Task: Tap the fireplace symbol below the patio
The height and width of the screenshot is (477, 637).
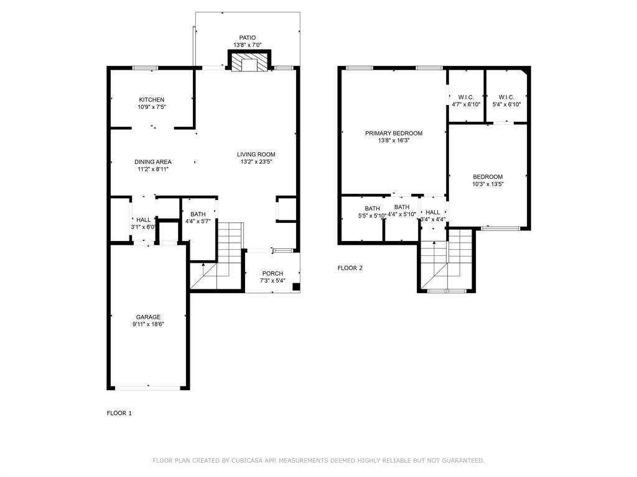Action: click(x=249, y=63)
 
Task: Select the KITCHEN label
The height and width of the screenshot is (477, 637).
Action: click(x=152, y=99)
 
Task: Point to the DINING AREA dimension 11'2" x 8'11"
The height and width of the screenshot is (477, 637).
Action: click(x=153, y=170)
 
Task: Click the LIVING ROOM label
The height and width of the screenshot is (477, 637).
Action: click(x=256, y=155)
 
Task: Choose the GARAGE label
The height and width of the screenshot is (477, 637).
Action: click(x=149, y=317)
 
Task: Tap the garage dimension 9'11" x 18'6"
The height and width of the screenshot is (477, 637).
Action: click(x=149, y=324)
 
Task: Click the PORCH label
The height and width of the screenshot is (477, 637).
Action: click(x=272, y=273)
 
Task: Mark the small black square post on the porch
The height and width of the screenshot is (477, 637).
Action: click(x=296, y=287)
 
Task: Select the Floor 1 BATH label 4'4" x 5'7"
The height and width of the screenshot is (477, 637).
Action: click(x=198, y=214)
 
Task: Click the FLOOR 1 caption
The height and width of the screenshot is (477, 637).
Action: click(x=119, y=413)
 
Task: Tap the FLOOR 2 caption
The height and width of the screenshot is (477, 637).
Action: click(x=350, y=268)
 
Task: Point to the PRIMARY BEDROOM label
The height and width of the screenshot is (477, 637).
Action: click(x=394, y=133)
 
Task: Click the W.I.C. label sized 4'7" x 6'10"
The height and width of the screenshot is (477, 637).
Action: click(x=466, y=97)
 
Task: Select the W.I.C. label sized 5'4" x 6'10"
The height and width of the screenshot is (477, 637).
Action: click(x=506, y=97)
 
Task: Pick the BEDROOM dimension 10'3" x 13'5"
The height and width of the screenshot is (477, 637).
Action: click(x=488, y=184)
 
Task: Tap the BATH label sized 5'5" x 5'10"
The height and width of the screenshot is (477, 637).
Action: click(x=372, y=208)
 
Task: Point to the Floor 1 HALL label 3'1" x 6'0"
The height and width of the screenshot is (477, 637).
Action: click(x=143, y=219)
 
